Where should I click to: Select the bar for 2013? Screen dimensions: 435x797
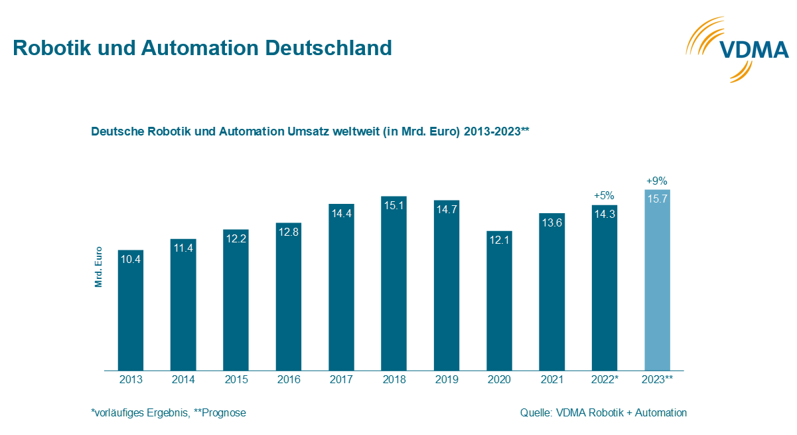click(131, 312)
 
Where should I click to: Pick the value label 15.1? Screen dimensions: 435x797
click(394, 205)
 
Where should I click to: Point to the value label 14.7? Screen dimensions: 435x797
click(447, 209)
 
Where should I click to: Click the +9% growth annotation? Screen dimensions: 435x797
click(656, 181)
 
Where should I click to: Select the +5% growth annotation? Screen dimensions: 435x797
click(604, 195)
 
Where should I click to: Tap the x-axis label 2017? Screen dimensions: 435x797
click(341, 380)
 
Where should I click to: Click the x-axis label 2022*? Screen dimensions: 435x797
click(604, 380)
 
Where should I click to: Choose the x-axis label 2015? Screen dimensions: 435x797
click(236, 380)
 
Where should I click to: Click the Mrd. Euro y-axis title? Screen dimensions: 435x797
click(98, 265)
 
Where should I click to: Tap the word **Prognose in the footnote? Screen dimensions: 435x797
click(220, 413)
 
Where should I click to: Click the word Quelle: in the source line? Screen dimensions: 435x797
click(536, 413)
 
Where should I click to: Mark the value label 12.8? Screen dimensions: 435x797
click(289, 232)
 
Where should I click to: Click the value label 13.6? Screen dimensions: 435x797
click(551, 222)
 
